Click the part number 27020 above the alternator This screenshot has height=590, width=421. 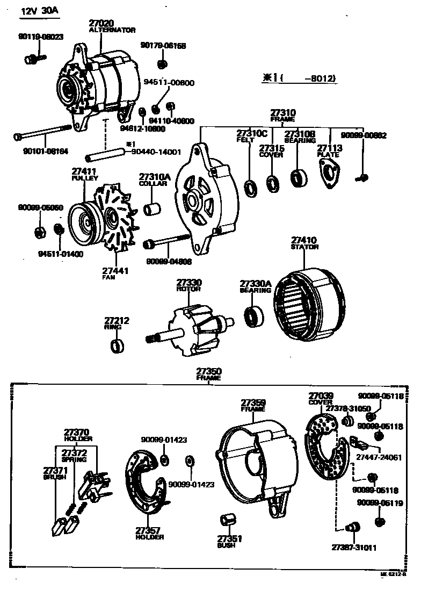click(102, 23)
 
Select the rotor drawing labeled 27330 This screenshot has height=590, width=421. click(191, 328)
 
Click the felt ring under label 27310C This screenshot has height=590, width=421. click(250, 187)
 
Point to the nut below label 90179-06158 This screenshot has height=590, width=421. click(163, 64)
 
